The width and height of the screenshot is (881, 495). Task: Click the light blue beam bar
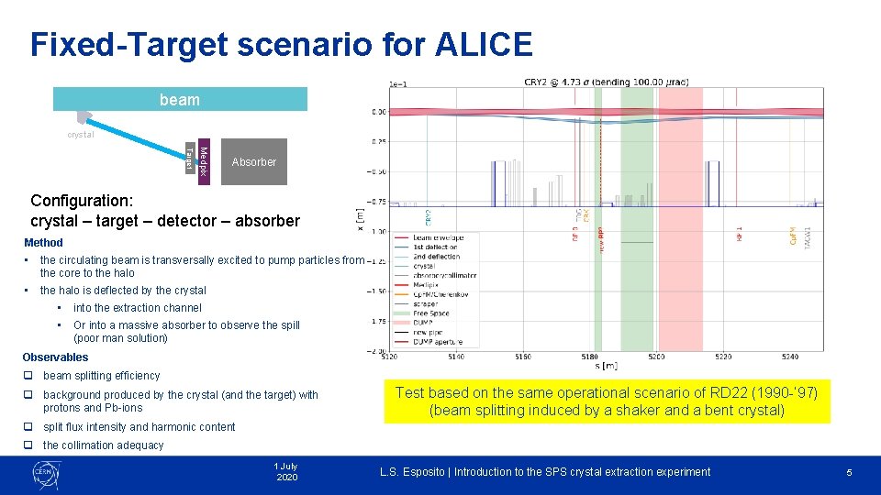click(x=180, y=99)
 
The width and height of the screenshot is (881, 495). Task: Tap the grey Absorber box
click(x=253, y=162)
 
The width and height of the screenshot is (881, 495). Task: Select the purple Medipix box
click(x=204, y=161)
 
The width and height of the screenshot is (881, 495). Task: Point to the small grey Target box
click(x=190, y=157)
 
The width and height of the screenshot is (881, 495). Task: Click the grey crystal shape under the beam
click(x=84, y=117)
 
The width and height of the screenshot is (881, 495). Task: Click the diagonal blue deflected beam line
click(x=138, y=136)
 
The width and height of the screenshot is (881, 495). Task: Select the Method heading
click(x=43, y=243)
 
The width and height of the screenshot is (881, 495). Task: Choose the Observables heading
click(x=55, y=357)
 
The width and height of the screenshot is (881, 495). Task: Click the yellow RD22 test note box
click(x=607, y=401)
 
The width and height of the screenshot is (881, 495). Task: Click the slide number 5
click(x=849, y=472)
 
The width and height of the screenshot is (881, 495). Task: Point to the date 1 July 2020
click(x=286, y=472)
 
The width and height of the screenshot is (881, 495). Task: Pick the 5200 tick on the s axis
click(x=656, y=357)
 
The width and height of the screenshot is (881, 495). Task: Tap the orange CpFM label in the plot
click(x=792, y=236)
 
